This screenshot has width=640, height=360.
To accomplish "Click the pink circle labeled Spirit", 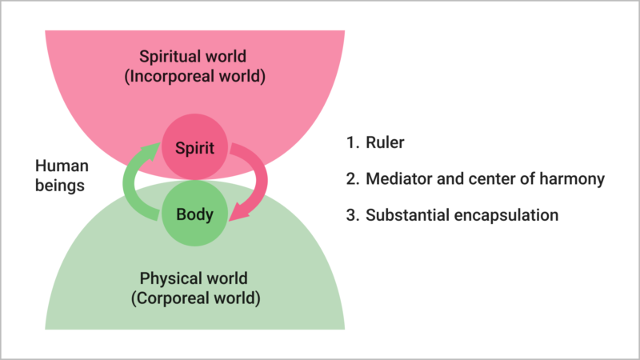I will (x=195, y=148).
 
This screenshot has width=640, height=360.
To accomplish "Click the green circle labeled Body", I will (x=195, y=214).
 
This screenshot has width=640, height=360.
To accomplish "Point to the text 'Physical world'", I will (x=194, y=279).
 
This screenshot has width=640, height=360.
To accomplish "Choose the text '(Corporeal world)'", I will (x=194, y=299).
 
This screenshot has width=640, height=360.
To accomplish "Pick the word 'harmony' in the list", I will (x=575, y=178).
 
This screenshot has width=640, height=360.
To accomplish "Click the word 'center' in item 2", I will (x=482, y=178).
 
